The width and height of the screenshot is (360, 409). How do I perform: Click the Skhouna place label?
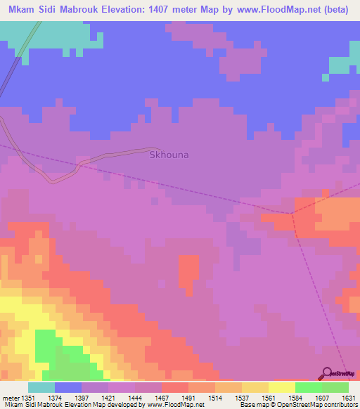[x=169, y=155]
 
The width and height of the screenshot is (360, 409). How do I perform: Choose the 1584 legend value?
[x=285, y=397]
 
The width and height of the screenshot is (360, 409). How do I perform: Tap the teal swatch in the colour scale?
[x=41, y=387]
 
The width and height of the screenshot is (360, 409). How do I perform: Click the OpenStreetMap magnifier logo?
[x=326, y=373]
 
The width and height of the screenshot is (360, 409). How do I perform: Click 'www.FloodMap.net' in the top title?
[x=251, y=9]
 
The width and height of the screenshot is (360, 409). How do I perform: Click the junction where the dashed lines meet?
[x=290, y=213]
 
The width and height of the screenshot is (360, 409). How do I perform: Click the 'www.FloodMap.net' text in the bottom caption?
[x=174, y=405]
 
